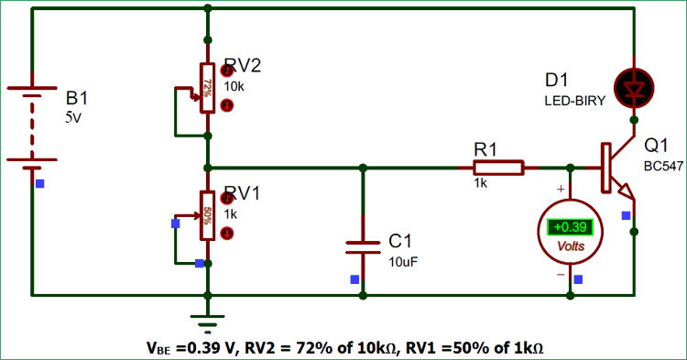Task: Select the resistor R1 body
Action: point(498,168)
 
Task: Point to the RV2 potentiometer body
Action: point(208,88)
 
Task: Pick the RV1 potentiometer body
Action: point(208,216)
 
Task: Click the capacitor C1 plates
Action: point(364,245)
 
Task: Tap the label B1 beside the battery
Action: point(77,98)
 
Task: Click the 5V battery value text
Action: point(72,117)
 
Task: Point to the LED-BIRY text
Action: point(575,102)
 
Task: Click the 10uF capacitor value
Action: point(405,262)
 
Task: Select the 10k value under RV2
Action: point(234,86)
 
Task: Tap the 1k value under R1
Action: point(480,183)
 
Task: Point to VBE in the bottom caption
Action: point(158,348)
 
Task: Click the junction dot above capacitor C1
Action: point(364,168)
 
